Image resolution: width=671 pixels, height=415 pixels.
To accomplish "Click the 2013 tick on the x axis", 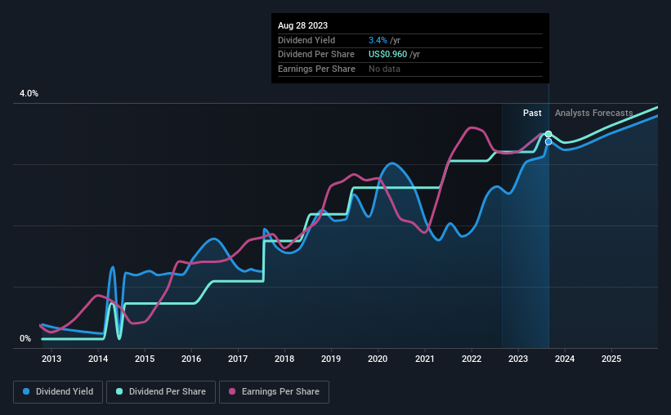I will pyautogui.click(x=51, y=359).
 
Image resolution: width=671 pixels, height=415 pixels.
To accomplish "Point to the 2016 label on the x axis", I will pyautogui.click(x=190, y=359).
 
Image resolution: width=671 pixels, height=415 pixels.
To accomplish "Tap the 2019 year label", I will pyautogui.click(x=331, y=359).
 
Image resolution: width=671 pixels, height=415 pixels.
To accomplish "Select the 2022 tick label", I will pyautogui.click(x=472, y=359).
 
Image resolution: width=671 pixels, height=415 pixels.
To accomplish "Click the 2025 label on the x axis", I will pyautogui.click(x=611, y=359).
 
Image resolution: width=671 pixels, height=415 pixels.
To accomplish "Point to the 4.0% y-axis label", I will pyautogui.click(x=29, y=94).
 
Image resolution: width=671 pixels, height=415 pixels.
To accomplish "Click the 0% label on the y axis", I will pyautogui.click(x=25, y=338).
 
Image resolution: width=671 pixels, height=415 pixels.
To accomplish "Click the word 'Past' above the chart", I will pyautogui.click(x=532, y=113).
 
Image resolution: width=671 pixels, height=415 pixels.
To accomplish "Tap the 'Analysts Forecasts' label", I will pyautogui.click(x=593, y=113).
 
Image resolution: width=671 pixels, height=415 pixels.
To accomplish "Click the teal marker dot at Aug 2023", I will pyautogui.click(x=548, y=134).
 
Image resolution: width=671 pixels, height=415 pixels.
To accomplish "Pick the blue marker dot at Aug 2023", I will pyautogui.click(x=548, y=142).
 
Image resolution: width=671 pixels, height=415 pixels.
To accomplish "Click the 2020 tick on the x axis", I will pyautogui.click(x=378, y=359).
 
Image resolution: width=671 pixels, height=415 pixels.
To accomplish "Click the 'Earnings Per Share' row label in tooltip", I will pyautogui.click(x=316, y=69).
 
